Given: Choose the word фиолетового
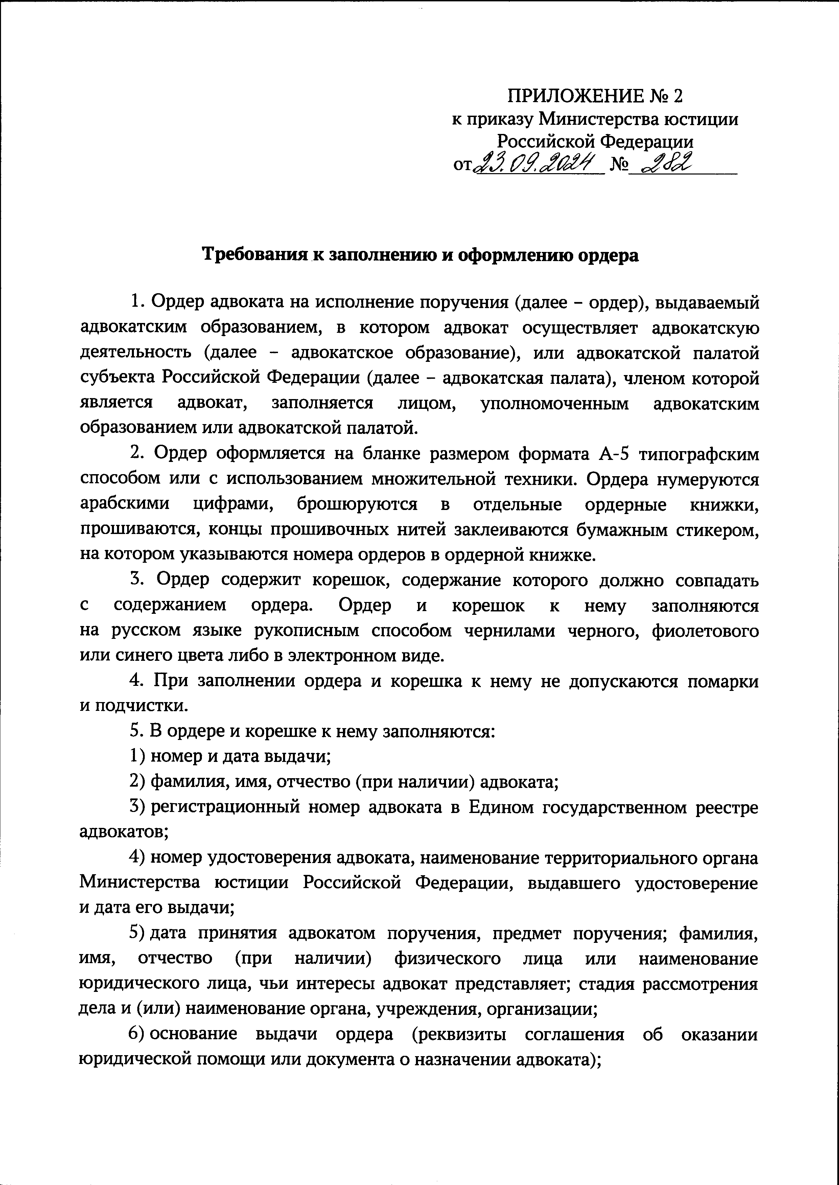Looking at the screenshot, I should pyautogui.click(x=705, y=631).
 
